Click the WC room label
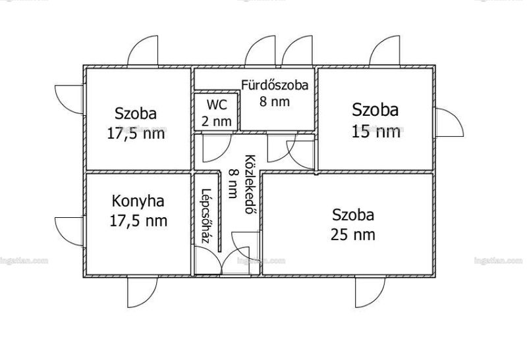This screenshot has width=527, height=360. pyautogui.click(x=217, y=105)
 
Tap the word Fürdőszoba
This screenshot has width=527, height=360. pyautogui.click(x=275, y=85)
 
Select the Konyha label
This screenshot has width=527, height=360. pyautogui.click(x=138, y=201)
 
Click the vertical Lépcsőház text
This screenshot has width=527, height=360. pyautogui.click(x=206, y=216)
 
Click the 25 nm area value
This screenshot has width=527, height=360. pyautogui.click(x=353, y=234)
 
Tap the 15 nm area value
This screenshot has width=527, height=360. pyautogui.click(x=375, y=132)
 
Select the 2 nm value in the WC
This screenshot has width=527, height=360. pyautogui.click(x=217, y=121)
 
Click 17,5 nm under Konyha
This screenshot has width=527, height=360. pyautogui.click(x=138, y=221)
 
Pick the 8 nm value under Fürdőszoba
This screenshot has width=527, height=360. pyautogui.click(x=275, y=101)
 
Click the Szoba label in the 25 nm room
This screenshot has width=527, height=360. pyautogui.click(x=353, y=215)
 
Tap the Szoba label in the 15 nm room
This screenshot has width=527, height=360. pyautogui.click(x=375, y=110)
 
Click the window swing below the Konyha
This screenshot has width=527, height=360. pyautogui.click(x=142, y=292)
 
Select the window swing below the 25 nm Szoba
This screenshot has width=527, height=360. pyautogui.click(x=370, y=292)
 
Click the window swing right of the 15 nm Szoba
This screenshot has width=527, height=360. pyautogui.click(x=450, y=122)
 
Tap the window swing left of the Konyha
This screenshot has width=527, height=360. pyautogui.click(x=69, y=232)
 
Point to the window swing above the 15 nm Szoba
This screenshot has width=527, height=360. pyautogui.click(x=385, y=51)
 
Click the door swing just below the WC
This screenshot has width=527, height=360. pyautogui.click(x=217, y=148)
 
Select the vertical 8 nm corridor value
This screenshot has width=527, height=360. pyautogui.click(x=233, y=184)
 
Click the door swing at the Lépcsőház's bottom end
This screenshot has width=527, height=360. pyautogui.click(x=208, y=261)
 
